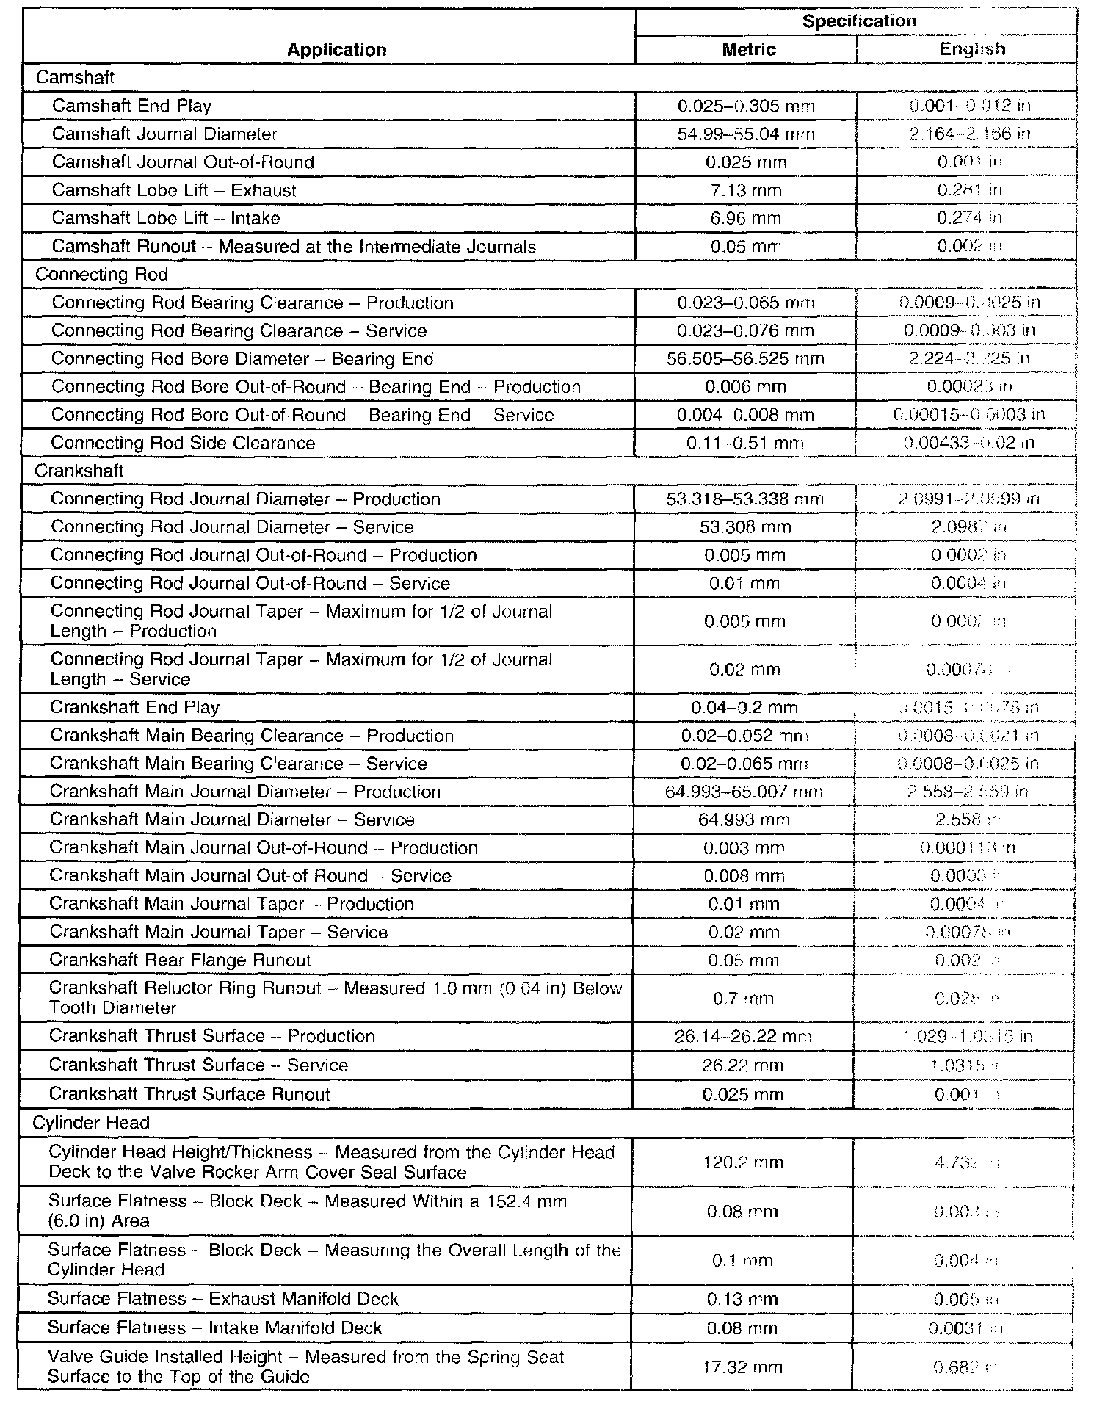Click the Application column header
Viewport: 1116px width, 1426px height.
tap(336, 50)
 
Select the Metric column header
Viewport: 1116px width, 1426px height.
tap(748, 49)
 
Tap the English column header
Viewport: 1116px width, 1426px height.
tap(972, 49)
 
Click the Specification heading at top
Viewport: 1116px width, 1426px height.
tap(858, 21)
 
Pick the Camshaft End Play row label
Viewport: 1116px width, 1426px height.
tap(131, 106)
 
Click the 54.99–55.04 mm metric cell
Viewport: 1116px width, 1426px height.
tap(746, 134)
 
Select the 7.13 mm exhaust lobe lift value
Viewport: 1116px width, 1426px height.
tap(746, 190)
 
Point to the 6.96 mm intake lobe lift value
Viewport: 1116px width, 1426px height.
tap(746, 218)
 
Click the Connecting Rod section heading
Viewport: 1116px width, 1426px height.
tap(101, 274)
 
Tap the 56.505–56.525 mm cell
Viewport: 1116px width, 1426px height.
tap(745, 359)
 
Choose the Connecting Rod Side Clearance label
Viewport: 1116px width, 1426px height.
tap(183, 443)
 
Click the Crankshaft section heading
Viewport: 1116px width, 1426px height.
tap(79, 471)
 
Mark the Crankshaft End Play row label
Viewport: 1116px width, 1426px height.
tap(134, 707)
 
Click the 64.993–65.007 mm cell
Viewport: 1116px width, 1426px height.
tap(744, 792)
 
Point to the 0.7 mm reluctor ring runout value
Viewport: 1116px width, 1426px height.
tap(743, 999)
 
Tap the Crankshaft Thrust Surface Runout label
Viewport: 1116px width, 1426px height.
tap(189, 1094)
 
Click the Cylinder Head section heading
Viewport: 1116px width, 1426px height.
tap(91, 1123)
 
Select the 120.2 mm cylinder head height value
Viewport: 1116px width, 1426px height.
tap(743, 1162)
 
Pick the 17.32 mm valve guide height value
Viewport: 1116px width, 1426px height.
tap(742, 1367)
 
